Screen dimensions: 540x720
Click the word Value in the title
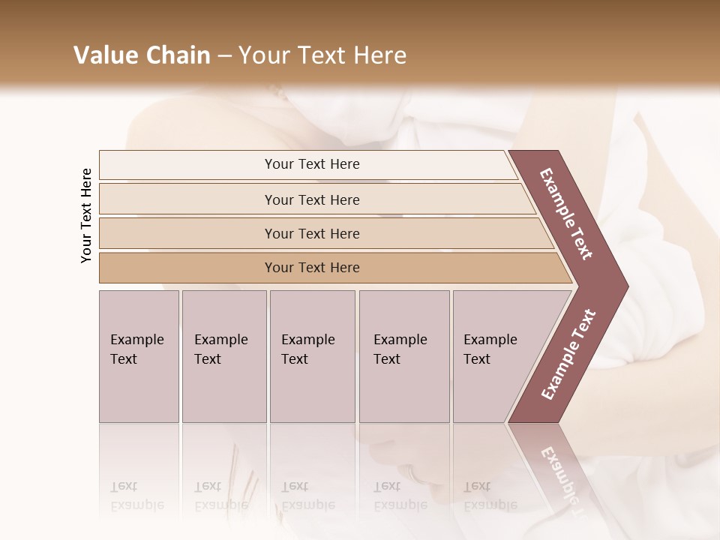[x=104, y=55]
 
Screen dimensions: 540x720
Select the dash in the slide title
[x=224, y=56]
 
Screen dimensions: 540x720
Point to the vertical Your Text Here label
[x=86, y=215]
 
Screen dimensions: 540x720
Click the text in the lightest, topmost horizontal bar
[x=312, y=164]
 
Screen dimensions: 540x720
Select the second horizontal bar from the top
[x=312, y=199]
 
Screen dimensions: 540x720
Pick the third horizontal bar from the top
[x=312, y=233]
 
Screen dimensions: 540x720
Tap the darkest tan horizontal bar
[x=312, y=268]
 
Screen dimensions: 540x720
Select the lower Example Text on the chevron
[x=568, y=354]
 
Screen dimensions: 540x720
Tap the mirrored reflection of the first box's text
[x=137, y=496]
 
